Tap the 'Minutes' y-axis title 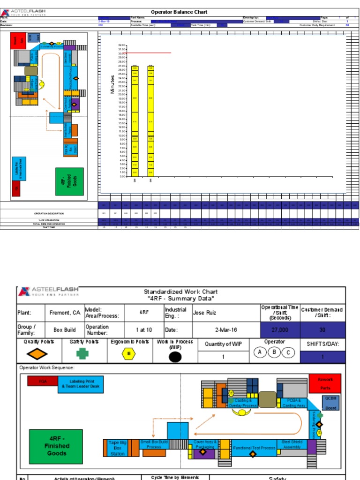pyautogui.click(x=112, y=84)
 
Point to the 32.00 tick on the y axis pyautogui.click(x=122, y=45)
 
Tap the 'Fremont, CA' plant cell pyautogui.click(x=65, y=313)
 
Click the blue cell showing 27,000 pyautogui.click(x=279, y=330)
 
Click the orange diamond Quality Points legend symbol pyautogui.click(x=40, y=354)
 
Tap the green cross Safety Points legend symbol pyautogui.click(x=82, y=354)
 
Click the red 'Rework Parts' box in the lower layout pyautogui.click(x=325, y=383)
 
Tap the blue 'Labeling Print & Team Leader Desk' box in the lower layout pyautogui.click(x=82, y=384)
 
